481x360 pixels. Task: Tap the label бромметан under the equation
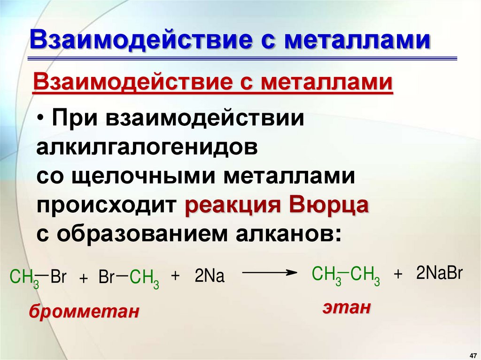[x=84, y=311]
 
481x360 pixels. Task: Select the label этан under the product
[x=346, y=307]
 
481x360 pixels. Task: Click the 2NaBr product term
[x=439, y=273]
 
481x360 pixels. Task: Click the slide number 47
[x=473, y=353]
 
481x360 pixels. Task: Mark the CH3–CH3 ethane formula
[x=346, y=274]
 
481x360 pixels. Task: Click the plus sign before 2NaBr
[x=399, y=275]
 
